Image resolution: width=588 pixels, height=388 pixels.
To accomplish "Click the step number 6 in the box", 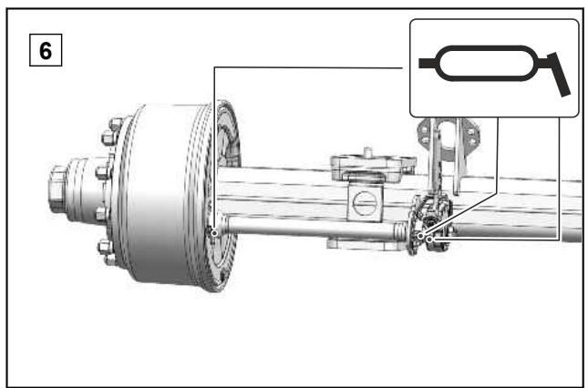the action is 46,51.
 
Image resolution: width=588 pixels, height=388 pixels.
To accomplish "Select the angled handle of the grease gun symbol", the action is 559,75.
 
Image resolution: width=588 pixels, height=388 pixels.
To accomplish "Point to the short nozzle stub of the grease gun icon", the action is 427,63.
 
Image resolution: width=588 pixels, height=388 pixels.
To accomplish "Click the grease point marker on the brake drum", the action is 214,233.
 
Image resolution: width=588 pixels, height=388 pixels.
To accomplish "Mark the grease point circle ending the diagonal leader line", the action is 421,236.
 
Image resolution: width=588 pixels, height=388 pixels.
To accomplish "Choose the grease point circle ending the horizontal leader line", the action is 429,239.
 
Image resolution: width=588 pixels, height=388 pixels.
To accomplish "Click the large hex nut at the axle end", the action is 57,189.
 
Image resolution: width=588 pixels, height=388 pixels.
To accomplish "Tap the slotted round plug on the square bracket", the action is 365,203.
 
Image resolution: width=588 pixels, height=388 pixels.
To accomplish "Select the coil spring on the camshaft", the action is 401,231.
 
